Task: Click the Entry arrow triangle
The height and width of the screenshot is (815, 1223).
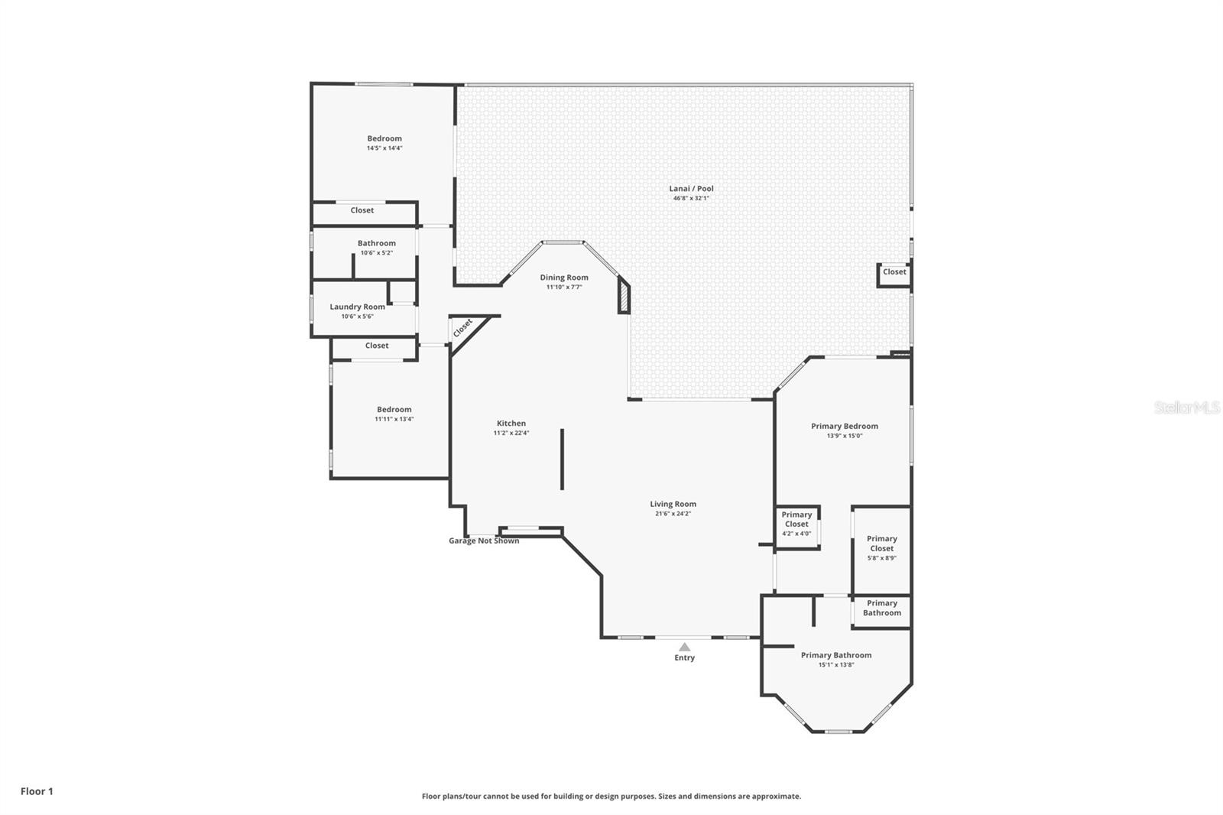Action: coord(684,647)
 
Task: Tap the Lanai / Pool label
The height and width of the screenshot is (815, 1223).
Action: coord(691,188)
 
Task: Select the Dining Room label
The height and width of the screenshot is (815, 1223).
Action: coord(564,278)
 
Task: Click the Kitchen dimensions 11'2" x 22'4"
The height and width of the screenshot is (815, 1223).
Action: coord(511,433)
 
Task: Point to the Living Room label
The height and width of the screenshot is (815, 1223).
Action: coord(673,504)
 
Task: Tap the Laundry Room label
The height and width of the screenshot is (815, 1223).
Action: coord(357,307)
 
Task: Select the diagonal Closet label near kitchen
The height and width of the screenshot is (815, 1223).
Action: coord(462,328)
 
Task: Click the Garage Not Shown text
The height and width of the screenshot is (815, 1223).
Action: coord(483,541)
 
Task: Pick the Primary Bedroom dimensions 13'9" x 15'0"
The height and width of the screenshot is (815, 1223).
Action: coord(844,436)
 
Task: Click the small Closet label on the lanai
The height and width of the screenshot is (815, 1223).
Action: coord(894,271)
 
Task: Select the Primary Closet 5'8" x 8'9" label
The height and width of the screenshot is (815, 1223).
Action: coord(881,544)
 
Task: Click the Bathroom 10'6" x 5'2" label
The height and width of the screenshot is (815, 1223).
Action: coord(376,243)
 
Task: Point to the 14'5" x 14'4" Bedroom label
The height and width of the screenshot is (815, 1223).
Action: coord(384,138)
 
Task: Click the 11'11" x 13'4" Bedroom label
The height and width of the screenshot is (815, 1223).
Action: coord(394,409)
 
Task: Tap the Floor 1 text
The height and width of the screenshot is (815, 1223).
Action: coord(37,791)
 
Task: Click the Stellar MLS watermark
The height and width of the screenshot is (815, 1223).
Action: coord(1186,408)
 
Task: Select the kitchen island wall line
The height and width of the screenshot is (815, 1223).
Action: coord(562,459)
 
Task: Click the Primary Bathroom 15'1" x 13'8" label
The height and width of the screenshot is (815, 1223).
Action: coord(835,655)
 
